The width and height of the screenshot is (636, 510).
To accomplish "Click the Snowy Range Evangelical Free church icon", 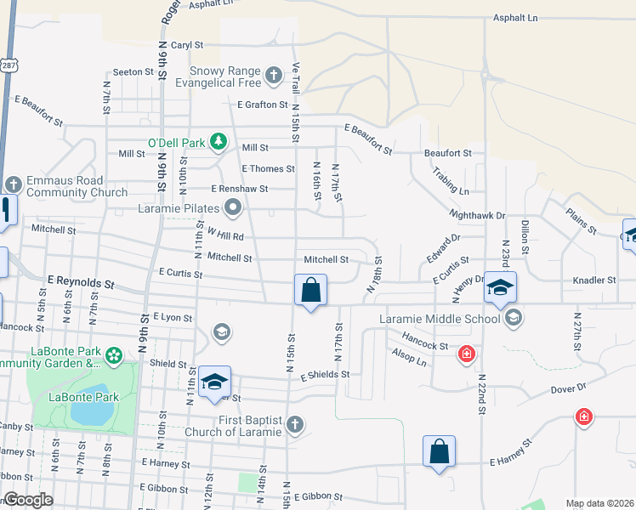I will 274,76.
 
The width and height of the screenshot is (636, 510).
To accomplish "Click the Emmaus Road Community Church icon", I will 14,184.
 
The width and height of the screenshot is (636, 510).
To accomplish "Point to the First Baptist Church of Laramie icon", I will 294,424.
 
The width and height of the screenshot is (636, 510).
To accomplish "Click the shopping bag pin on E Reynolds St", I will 311,290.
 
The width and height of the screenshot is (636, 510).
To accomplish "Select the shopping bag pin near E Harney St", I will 439,451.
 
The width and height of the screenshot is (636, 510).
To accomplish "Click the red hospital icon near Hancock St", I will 466,354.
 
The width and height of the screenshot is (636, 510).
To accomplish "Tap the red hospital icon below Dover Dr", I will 583,416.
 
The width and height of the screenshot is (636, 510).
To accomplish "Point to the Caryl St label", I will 187,44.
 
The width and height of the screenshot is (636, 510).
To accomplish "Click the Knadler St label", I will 594,280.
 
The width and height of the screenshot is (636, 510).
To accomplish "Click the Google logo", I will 28,500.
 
